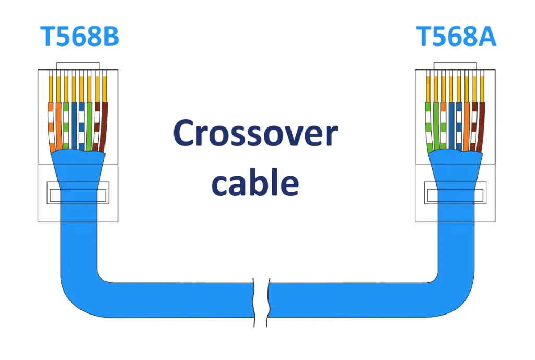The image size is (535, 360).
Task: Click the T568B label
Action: point(79,37)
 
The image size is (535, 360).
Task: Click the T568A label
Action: point(456,37)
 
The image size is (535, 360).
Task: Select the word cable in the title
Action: point(255,183)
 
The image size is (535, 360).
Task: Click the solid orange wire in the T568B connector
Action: point(59,125)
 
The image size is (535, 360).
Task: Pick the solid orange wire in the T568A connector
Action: point(466,125)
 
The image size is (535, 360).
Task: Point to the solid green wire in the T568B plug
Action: point(89,125)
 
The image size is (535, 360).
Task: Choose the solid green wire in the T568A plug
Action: point(436,125)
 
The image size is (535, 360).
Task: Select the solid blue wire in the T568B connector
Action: point(74,125)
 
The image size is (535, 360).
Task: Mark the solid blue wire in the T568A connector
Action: point(451,125)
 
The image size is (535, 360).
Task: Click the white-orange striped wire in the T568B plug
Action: point(51,125)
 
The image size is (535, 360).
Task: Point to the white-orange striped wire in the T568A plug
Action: point(443,125)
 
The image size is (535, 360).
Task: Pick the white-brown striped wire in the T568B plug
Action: point(97,125)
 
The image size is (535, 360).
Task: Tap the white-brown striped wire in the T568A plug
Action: point(474,125)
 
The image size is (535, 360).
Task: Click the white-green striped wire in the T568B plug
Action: point(66,125)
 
